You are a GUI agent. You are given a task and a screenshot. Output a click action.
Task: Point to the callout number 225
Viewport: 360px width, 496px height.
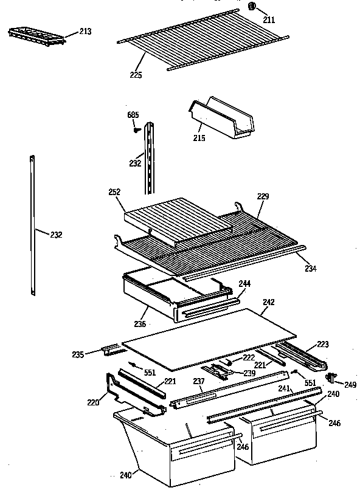click(136, 75)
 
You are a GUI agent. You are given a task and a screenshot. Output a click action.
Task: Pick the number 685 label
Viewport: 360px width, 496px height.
click(133, 115)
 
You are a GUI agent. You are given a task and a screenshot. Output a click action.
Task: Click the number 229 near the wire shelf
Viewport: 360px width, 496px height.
click(263, 196)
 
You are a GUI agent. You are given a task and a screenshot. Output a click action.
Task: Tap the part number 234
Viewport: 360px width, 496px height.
click(310, 268)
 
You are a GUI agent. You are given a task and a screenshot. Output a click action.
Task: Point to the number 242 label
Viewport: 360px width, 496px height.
click(268, 301)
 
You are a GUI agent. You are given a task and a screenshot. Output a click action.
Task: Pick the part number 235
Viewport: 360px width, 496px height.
click(95, 353)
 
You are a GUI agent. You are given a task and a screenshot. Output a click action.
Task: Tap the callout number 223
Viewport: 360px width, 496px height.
click(322, 345)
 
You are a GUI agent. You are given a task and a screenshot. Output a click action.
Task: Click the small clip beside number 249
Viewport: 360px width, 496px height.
click(331, 377)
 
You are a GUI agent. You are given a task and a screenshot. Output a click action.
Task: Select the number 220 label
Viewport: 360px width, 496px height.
click(93, 401)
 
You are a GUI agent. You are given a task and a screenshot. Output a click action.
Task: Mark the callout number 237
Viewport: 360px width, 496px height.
click(198, 382)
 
